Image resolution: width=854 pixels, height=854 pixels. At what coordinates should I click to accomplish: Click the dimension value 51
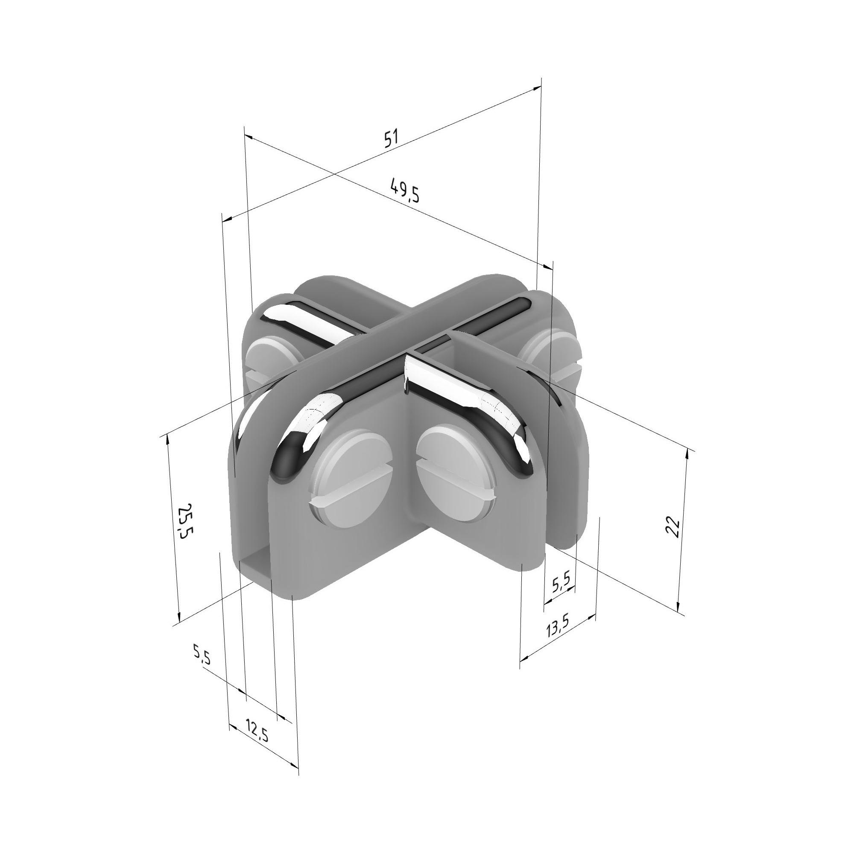coord(391,138)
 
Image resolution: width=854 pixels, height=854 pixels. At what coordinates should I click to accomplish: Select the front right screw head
coord(455,472)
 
